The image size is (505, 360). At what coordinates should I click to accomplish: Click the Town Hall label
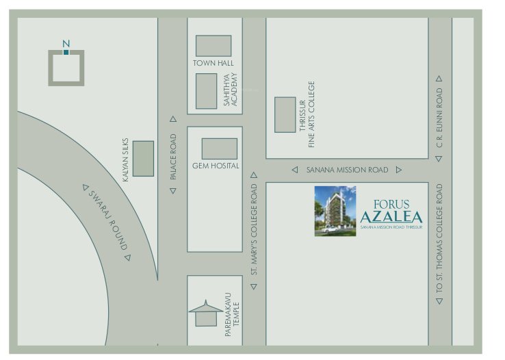pyautogui.click(x=213, y=64)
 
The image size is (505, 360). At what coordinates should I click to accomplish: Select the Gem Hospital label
pyautogui.click(x=215, y=166)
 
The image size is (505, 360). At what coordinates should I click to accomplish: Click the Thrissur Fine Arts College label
pyautogui.click(x=307, y=114)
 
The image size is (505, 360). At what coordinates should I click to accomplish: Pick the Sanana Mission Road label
pyautogui.click(x=346, y=170)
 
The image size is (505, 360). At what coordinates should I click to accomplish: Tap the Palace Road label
pyautogui.click(x=173, y=157)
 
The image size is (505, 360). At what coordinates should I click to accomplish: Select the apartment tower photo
pyautogui.click(x=335, y=211)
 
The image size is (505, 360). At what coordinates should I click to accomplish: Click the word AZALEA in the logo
pyautogui.click(x=391, y=217)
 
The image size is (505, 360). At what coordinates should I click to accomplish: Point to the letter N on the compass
pyautogui.click(x=66, y=44)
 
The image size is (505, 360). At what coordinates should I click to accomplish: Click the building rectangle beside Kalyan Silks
pyautogui.click(x=143, y=158)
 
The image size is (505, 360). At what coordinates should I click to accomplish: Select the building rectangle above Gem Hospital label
pyautogui.click(x=219, y=149)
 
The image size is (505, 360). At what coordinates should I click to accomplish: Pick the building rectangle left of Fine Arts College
pyautogui.click(x=285, y=114)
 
